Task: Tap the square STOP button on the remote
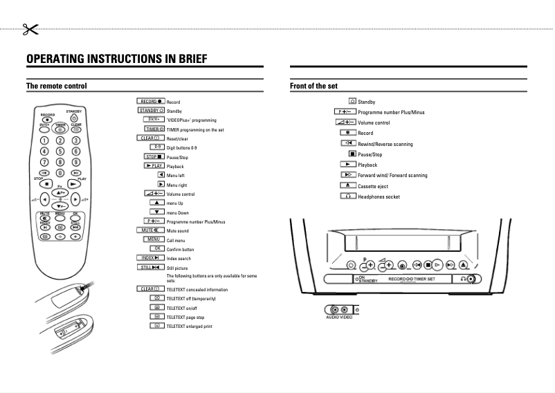pos(46,185)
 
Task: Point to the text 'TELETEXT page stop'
pos(185,317)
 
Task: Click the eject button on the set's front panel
pos(463,264)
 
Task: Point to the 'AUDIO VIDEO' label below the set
pos(339,317)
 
